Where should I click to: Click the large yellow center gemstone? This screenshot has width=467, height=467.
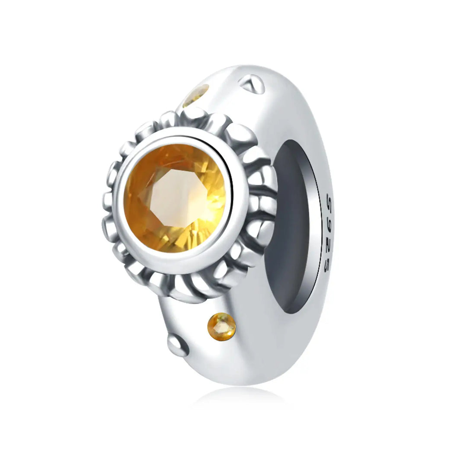pyautogui.click(x=175, y=198)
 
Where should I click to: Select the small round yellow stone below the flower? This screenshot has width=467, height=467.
pyautogui.click(x=221, y=326)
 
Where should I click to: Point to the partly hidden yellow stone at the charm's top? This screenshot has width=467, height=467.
pyautogui.click(x=196, y=95)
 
